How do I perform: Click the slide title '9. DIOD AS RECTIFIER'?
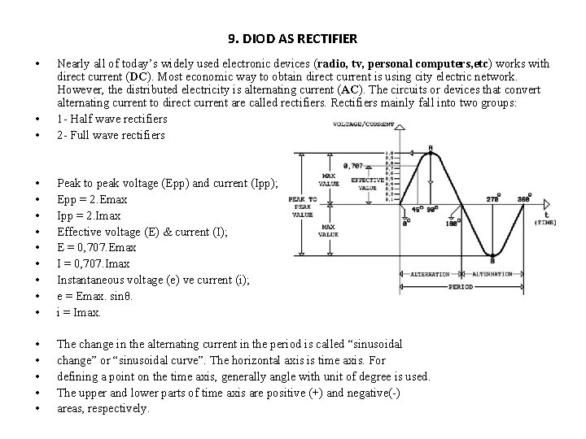coord(293,38)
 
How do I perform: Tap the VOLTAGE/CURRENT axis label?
coord(364,125)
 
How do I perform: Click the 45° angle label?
coord(417,209)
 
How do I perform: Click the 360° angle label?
coord(547,197)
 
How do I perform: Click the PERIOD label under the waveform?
coord(459,285)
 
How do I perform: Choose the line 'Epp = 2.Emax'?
coord(86,199)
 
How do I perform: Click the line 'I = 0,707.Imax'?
coord(93,263)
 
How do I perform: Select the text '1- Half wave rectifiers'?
coord(112,119)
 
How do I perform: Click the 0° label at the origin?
coord(405,223)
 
